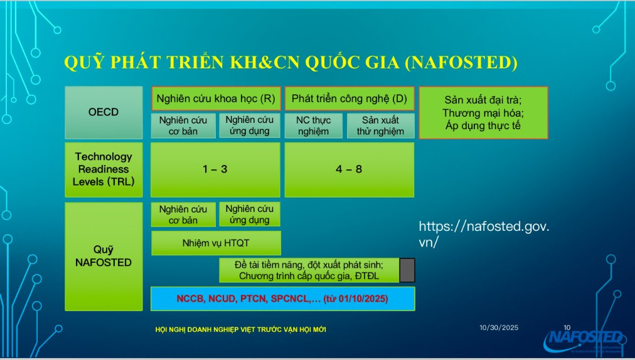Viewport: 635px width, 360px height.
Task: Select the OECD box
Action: point(104,112)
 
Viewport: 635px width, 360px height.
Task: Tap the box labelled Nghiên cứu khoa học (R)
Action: point(215,98)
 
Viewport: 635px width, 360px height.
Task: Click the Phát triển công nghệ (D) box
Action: point(349,98)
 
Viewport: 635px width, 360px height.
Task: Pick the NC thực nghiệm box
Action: point(313,125)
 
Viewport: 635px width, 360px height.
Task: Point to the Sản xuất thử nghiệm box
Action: point(380,125)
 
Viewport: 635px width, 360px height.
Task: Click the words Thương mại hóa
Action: point(483,113)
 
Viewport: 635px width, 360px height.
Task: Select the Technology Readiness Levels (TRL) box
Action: point(104,169)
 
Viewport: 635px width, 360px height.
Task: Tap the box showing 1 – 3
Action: point(215,169)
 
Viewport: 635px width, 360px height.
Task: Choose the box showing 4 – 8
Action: point(350,169)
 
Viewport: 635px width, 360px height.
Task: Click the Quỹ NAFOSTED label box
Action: point(104,256)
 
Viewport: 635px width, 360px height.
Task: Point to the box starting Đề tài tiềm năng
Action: point(309,270)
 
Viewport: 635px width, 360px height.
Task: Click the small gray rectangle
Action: point(407,270)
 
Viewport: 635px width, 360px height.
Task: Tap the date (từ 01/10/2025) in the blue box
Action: point(356,299)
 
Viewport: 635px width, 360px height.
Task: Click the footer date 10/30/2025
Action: point(499,327)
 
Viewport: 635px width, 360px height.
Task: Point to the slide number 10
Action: point(567,327)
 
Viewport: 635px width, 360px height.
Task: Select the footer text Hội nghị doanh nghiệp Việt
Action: point(240,330)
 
